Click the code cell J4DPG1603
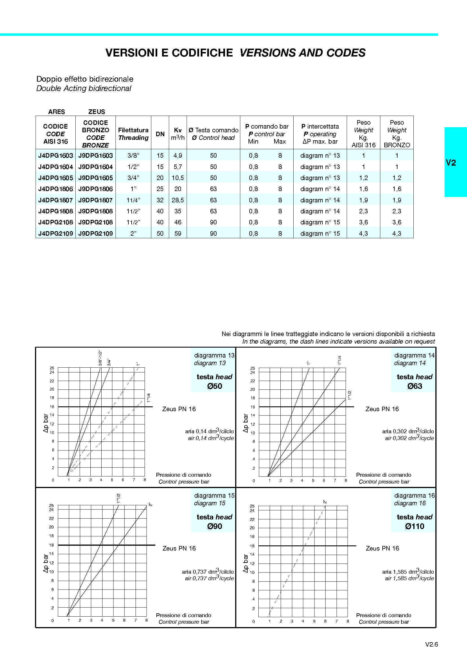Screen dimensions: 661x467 (56, 156)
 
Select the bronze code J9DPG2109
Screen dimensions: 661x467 (95, 233)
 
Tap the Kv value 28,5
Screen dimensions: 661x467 (178, 200)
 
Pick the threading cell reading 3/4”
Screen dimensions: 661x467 (133, 178)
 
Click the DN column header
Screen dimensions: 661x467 (160, 134)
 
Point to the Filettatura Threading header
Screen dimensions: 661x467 (133, 134)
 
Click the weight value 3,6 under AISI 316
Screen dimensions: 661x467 (363, 222)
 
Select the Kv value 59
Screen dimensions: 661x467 (178, 233)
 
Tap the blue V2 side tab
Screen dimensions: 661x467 (451, 163)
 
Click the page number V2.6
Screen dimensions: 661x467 (431, 644)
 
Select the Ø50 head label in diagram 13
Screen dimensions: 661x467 (215, 386)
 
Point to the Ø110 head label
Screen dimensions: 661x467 (414, 526)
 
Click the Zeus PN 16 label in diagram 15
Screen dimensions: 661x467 (179, 548)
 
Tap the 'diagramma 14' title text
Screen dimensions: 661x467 (414, 355)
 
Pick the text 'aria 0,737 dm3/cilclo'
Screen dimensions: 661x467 (208, 572)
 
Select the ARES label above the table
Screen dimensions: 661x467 (56, 112)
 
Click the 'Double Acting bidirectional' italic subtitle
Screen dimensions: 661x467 (84, 88)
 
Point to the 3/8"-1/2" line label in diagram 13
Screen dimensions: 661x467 (100, 358)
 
